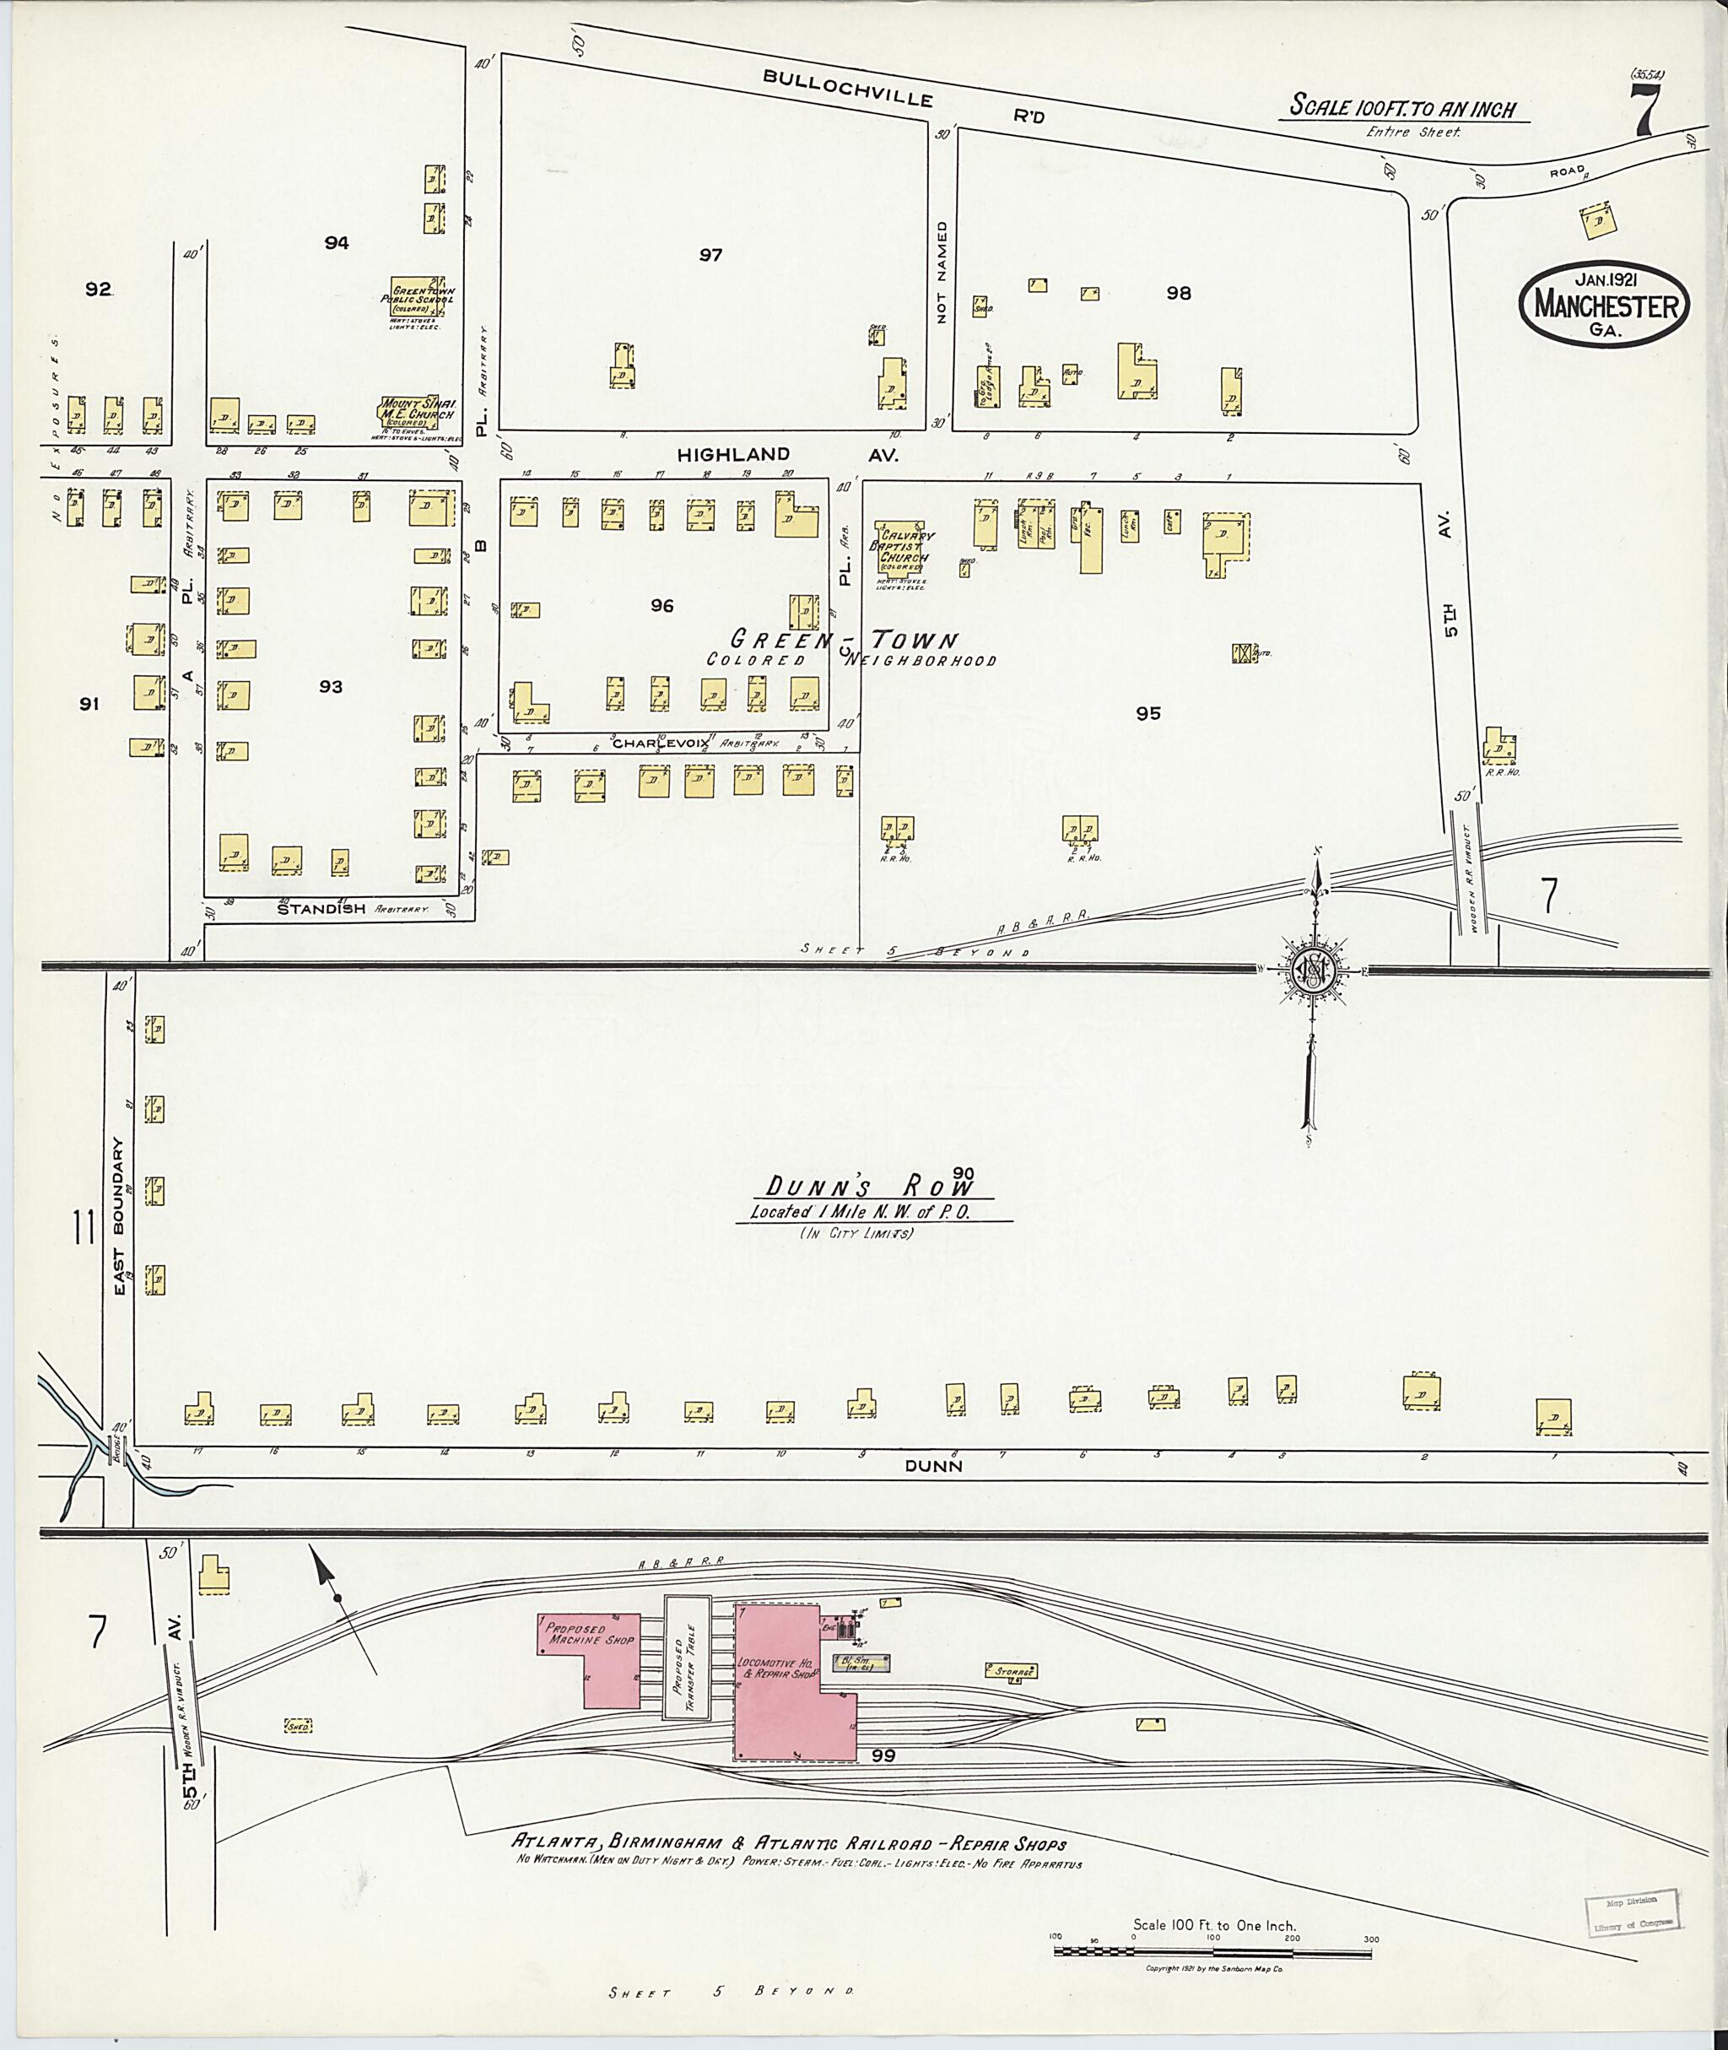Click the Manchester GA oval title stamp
click(1605, 304)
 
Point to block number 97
click(710, 255)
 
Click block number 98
click(1178, 292)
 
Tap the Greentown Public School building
click(418, 300)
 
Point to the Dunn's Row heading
click(870, 1187)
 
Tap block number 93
click(330, 687)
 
